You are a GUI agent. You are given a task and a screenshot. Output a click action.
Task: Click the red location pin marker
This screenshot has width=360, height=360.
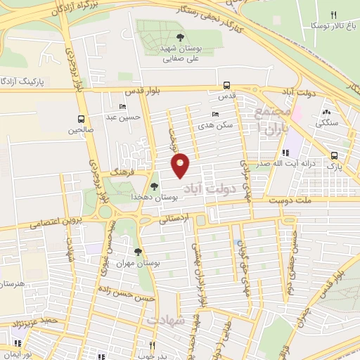click(x=181, y=165)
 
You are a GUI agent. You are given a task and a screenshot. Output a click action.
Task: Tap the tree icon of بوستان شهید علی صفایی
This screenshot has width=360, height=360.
click(x=181, y=37)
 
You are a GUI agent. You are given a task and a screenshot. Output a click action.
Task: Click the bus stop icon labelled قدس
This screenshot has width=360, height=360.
click(x=226, y=83)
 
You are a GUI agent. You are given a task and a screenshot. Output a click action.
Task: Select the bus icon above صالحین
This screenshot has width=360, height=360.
click(x=81, y=119)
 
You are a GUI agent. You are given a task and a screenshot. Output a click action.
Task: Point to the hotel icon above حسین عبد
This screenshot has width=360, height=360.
click(x=124, y=107)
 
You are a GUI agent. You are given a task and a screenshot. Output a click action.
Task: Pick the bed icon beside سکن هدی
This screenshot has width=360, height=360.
click(x=215, y=114)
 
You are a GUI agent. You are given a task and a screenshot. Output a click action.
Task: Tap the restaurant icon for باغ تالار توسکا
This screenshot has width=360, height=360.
click(x=334, y=14)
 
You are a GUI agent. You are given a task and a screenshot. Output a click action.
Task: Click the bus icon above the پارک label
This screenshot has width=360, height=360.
click(x=334, y=156)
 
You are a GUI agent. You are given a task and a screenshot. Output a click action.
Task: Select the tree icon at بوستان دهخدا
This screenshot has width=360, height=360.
click(x=154, y=186)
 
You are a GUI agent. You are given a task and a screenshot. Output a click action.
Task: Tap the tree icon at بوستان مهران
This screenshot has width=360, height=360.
click(x=138, y=251)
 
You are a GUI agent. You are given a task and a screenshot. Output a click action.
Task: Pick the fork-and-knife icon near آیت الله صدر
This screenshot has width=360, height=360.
click(x=285, y=153)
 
